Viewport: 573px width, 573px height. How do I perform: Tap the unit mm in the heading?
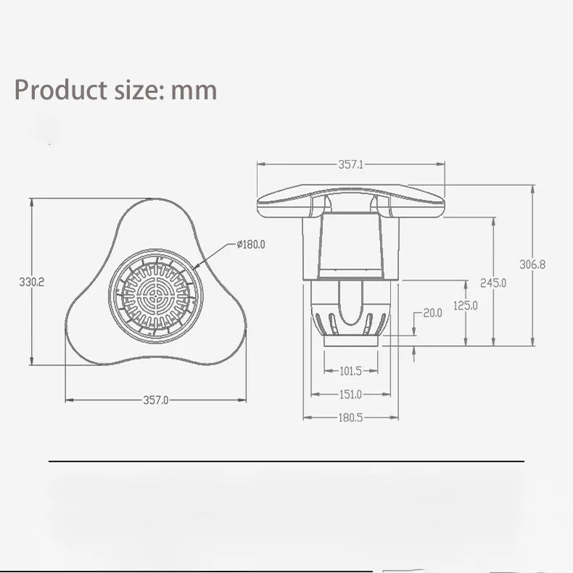click(x=194, y=91)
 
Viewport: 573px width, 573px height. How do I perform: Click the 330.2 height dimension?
click(x=31, y=283)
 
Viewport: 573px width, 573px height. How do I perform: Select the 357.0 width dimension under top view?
click(x=155, y=399)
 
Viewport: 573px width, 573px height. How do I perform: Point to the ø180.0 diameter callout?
click(x=251, y=244)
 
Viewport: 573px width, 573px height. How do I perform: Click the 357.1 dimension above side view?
click(x=350, y=165)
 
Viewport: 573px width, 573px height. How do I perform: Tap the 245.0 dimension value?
click(x=493, y=283)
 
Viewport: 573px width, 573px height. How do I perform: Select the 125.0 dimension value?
click(x=465, y=305)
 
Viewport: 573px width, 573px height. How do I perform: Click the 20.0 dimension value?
click(x=432, y=313)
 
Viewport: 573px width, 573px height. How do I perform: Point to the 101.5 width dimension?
click(x=350, y=371)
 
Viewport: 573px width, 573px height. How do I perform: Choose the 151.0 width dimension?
click(x=350, y=395)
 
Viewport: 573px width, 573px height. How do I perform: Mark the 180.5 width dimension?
click(x=350, y=417)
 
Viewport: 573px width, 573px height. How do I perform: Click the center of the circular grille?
click(x=154, y=294)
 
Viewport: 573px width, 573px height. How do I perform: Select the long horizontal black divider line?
click(x=286, y=461)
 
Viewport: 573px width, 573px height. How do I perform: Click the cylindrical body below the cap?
click(x=350, y=247)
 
